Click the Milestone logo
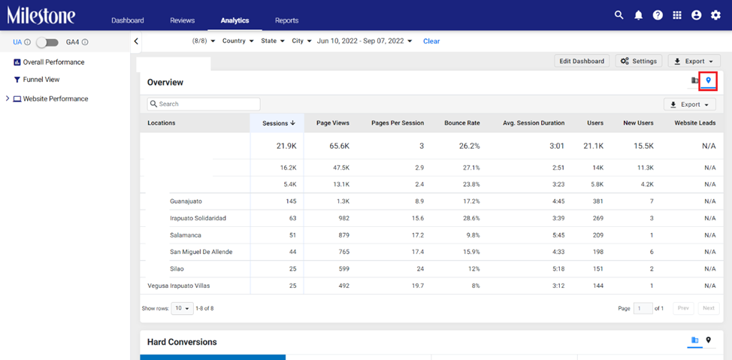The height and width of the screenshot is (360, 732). [41, 16]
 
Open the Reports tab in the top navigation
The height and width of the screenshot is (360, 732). [286, 20]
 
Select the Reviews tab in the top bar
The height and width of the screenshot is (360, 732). [183, 20]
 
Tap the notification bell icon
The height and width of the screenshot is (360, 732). [638, 16]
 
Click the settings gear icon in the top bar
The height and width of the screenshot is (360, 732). [715, 16]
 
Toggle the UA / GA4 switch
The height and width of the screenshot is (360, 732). [47, 43]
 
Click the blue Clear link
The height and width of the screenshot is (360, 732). [431, 41]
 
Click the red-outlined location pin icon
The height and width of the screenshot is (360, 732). [708, 80]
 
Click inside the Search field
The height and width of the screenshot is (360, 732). [204, 104]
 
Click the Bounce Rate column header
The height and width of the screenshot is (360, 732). [461, 123]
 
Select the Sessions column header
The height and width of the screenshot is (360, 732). [279, 123]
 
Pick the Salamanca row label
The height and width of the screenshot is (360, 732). [186, 235]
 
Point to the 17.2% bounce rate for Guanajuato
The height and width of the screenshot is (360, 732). [470, 201]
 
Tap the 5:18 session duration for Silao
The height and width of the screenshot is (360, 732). [558, 269]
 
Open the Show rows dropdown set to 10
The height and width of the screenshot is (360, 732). [182, 309]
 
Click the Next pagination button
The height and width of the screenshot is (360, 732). [709, 308]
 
